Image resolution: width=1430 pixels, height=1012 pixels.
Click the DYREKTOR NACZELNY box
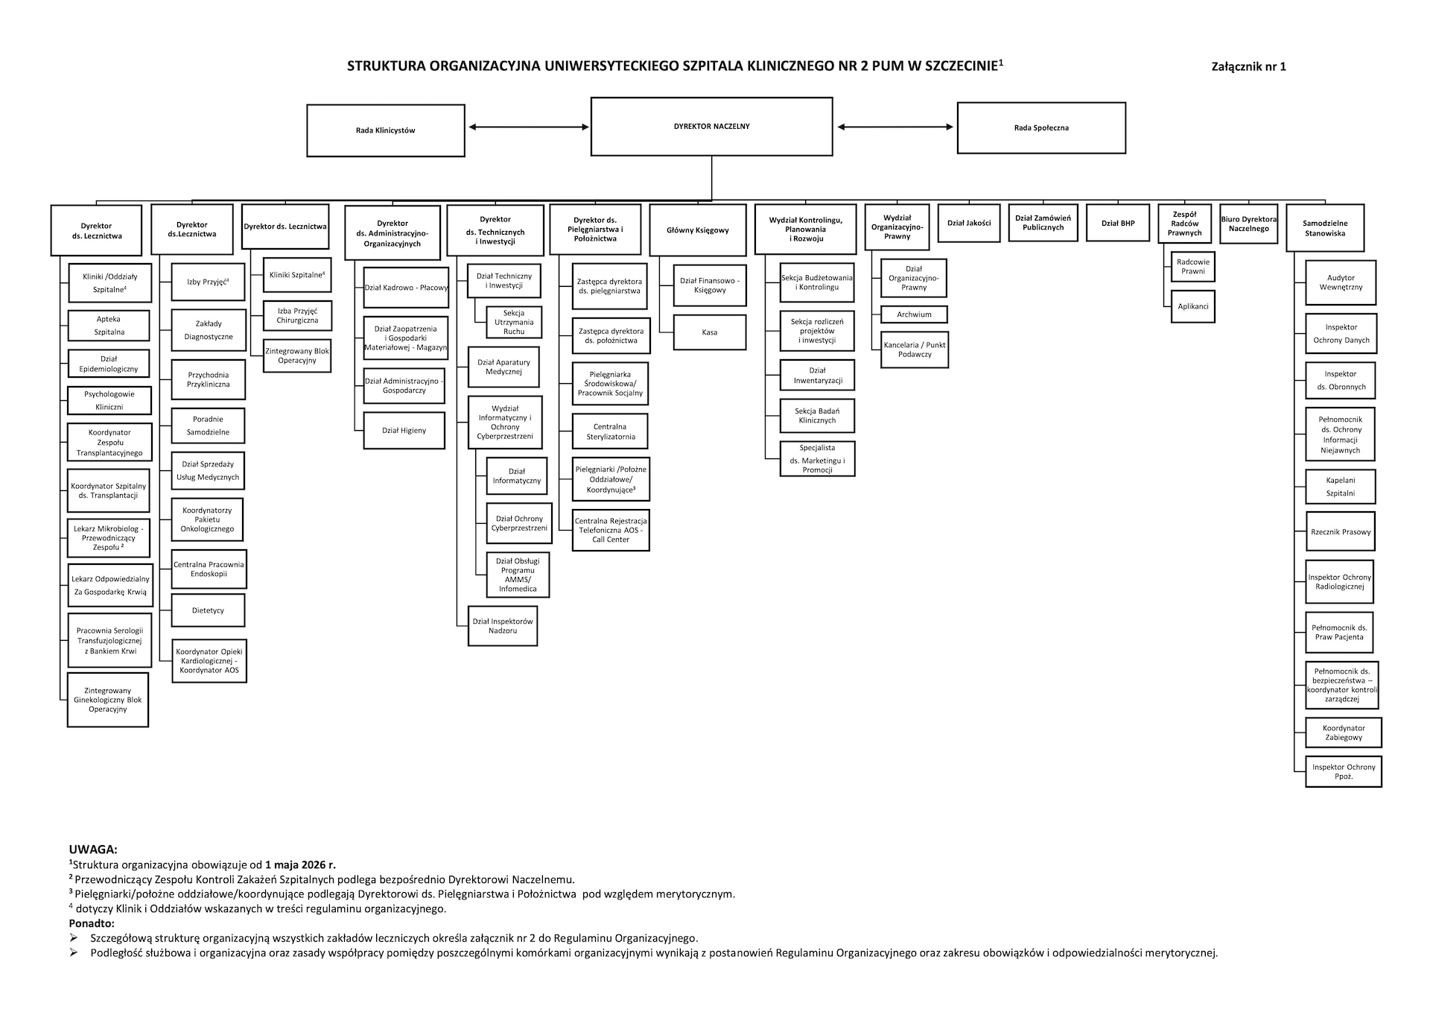(711, 127)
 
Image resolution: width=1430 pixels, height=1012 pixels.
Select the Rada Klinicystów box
(386, 130)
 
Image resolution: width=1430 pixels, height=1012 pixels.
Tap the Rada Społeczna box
(1041, 128)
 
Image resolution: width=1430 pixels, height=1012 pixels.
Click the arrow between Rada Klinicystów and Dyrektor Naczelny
(529, 127)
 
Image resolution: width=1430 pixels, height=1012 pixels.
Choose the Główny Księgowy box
(698, 230)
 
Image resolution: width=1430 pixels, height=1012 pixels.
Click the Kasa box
(710, 332)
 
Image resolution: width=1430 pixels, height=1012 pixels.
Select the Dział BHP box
(1118, 223)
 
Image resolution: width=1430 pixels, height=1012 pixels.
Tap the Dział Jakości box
(969, 223)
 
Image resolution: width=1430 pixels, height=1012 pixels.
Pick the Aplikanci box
(1193, 306)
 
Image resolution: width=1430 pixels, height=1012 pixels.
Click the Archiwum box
(914, 314)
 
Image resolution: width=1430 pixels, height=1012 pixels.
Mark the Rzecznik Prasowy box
(1341, 532)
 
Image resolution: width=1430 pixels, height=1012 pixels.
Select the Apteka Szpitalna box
(109, 326)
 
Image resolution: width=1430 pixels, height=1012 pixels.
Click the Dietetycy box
(208, 610)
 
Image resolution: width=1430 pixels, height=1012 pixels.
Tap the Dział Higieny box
(404, 431)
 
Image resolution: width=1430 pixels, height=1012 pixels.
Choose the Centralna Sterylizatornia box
(610, 431)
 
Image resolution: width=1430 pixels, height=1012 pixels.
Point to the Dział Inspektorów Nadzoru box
(503, 626)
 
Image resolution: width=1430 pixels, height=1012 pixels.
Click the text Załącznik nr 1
(1249, 66)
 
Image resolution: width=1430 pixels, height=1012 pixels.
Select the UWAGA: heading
(93, 850)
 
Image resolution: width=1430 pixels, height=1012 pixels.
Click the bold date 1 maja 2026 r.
(300, 865)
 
